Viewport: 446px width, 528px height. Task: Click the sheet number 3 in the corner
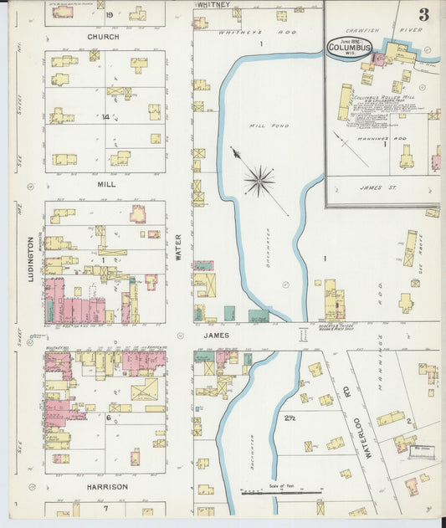[x=424, y=15]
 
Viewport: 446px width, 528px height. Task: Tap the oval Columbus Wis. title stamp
[x=344, y=46]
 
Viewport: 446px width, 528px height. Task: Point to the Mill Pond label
[x=261, y=126]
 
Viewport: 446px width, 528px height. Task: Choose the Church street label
[x=104, y=38]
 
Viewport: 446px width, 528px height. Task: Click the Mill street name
[x=105, y=183]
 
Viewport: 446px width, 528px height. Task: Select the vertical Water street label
[x=178, y=247]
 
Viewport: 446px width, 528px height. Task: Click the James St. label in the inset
[x=382, y=187]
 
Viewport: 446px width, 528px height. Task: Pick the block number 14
[x=105, y=117]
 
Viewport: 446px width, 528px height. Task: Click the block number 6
[x=107, y=418]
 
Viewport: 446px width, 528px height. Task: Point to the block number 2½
[x=290, y=418]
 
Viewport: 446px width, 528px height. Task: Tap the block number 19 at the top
[x=109, y=14]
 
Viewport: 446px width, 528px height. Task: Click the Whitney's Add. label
[x=235, y=33]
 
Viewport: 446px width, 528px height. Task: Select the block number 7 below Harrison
[x=105, y=508]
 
